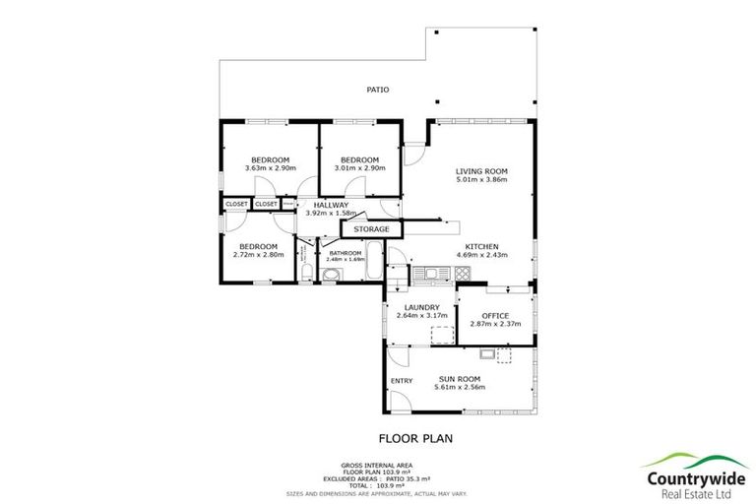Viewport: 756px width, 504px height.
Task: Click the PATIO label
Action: click(x=377, y=90)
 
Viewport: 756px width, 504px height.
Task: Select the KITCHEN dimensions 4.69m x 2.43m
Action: click(x=481, y=255)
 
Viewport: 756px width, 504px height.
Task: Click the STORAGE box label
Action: click(x=372, y=229)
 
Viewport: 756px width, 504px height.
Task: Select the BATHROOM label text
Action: click(x=346, y=252)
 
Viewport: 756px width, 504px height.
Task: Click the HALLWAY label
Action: click(x=331, y=205)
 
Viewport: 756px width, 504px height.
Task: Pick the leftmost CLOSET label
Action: click(x=236, y=204)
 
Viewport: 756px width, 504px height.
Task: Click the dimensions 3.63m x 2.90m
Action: click(x=270, y=168)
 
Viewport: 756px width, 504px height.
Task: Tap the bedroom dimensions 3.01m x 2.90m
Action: click(x=359, y=168)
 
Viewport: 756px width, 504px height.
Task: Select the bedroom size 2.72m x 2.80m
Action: click(x=258, y=255)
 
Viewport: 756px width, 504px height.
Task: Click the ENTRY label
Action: click(x=402, y=381)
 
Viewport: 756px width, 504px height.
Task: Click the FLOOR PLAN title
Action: click(x=415, y=439)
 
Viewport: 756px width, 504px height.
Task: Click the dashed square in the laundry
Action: click(x=442, y=335)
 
